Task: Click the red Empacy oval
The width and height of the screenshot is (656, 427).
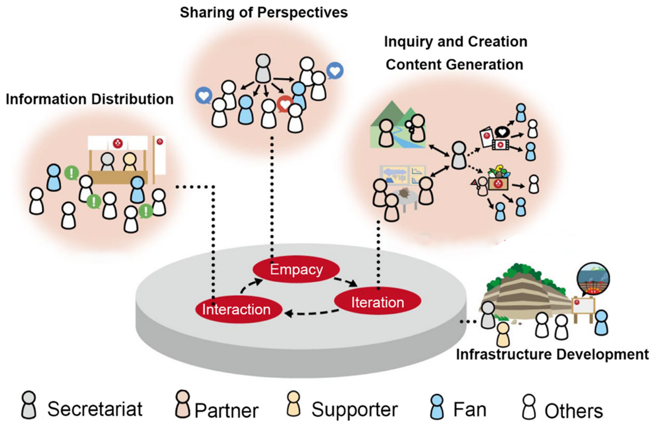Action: pyautogui.click(x=296, y=269)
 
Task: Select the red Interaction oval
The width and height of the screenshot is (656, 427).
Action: pyautogui.click(x=239, y=309)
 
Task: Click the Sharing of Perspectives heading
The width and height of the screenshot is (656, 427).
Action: pyautogui.click(x=264, y=13)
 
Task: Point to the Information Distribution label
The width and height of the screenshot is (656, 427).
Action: pyautogui.click(x=90, y=99)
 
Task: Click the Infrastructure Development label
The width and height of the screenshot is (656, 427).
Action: pyautogui.click(x=552, y=355)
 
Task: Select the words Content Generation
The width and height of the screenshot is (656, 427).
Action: pyautogui.click(x=454, y=65)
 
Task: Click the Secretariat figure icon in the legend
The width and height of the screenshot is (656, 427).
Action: pyautogui.click(x=29, y=405)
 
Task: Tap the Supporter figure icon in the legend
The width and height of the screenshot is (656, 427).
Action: pyautogui.click(x=294, y=404)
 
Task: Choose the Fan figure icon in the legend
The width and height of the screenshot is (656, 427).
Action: pyautogui.click(x=437, y=407)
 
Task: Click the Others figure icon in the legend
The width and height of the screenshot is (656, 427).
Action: pyautogui.click(x=529, y=407)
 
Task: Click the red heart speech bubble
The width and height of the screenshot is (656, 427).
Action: pyautogui.click(x=285, y=104)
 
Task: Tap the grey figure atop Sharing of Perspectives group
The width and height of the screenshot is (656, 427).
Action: pyautogui.click(x=263, y=69)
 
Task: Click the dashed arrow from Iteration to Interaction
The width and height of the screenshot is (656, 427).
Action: pyautogui.click(x=312, y=313)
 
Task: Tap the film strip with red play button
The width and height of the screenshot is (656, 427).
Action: pyautogui.click(x=500, y=144)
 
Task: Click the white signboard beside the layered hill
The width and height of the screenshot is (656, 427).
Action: pyautogui.click(x=583, y=305)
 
